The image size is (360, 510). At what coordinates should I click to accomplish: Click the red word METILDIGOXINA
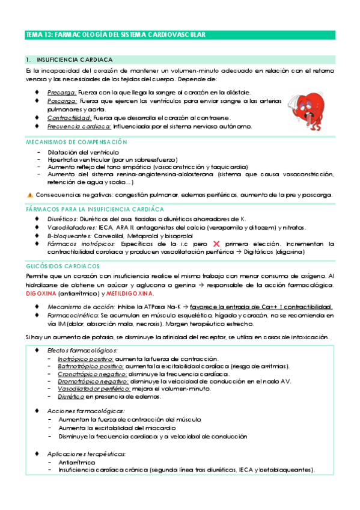[x=129, y=293]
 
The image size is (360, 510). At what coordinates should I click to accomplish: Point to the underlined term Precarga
[x=62, y=93]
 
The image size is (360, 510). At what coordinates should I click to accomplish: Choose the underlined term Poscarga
[x=62, y=102]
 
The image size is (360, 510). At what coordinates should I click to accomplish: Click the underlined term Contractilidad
[x=69, y=118]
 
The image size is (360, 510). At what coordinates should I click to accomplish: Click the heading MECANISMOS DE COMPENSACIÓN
[x=76, y=141]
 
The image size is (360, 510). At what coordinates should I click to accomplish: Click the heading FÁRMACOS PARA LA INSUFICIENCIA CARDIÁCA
[x=95, y=209]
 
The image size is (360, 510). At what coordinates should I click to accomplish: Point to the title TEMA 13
[x=115, y=35]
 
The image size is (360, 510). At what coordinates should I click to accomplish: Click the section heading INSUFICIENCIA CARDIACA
[x=74, y=60]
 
